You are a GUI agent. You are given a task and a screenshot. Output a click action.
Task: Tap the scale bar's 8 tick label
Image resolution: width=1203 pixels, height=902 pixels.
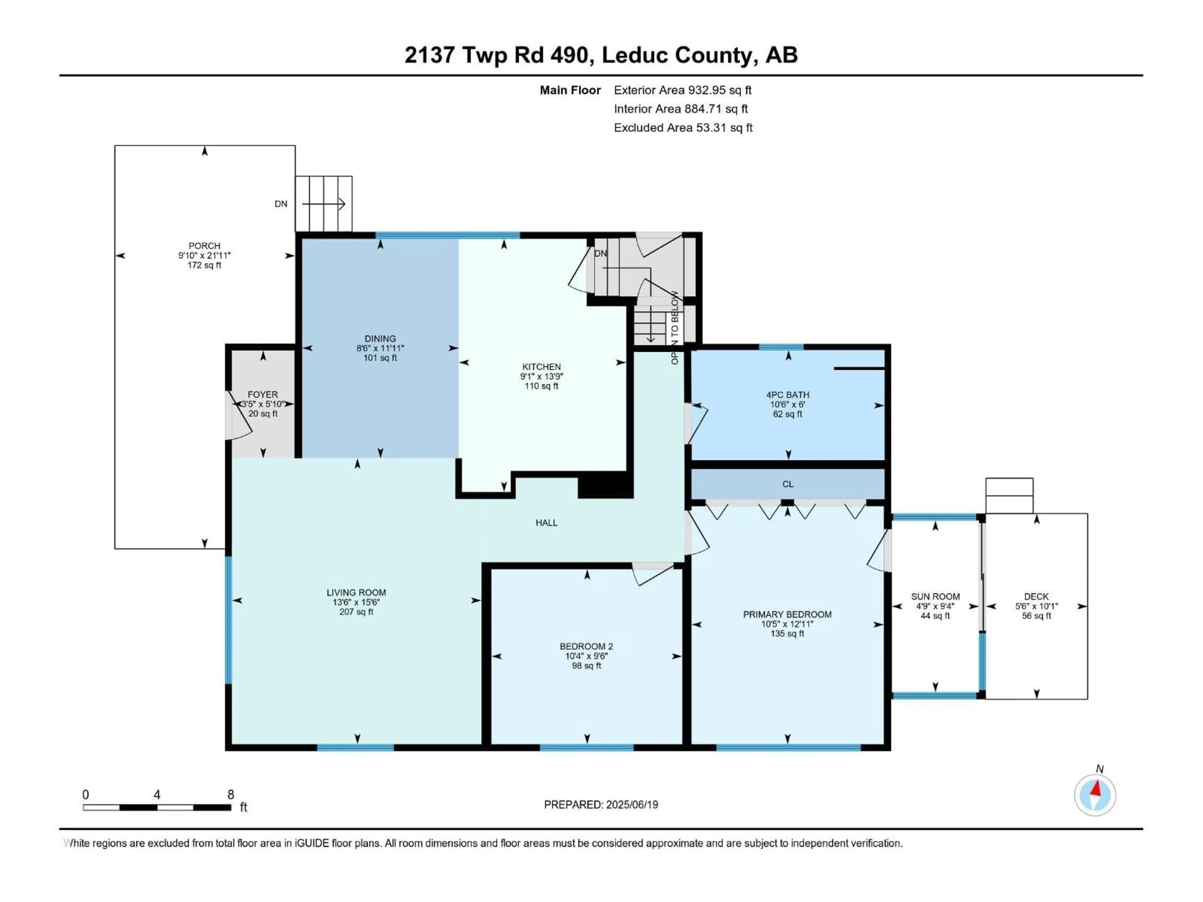click(231, 794)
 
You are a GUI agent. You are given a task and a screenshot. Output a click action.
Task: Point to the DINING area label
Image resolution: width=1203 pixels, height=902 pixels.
click(380, 338)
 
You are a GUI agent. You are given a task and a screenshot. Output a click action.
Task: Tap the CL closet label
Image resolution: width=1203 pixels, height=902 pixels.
click(788, 484)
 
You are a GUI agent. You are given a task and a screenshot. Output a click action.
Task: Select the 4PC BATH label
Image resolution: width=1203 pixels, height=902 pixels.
click(788, 395)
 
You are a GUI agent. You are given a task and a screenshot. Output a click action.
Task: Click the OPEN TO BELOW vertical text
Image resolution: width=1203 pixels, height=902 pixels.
click(675, 328)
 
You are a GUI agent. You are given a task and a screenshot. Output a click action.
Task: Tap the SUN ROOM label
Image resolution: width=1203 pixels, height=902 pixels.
click(935, 596)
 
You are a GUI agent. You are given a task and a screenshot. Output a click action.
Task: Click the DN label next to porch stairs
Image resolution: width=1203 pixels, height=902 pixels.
click(281, 204)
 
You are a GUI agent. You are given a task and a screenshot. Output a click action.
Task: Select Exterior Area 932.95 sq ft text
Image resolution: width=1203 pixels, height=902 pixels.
click(683, 90)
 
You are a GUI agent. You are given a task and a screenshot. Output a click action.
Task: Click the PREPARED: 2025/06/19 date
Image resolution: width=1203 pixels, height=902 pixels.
click(601, 805)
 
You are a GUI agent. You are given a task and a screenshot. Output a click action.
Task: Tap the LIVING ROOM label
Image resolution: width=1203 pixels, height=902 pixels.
click(356, 593)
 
